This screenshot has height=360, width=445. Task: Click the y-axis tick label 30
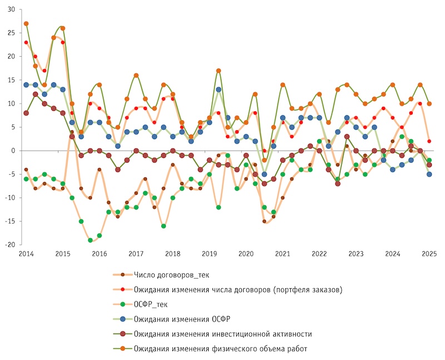(x=12, y=9)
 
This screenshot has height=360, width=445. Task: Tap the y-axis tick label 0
(x=14, y=151)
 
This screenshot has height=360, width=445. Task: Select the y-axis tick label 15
(x=12, y=80)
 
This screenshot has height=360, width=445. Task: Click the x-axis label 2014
(x=26, y=254)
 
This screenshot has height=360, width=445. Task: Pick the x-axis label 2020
(x=245, y=254)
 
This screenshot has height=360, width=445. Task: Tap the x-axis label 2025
(x=428, y=254)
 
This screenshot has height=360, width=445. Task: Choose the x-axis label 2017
(x=135, y=254)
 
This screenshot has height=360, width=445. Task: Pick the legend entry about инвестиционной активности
(x=222, y=334)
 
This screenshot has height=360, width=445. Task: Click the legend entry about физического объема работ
(x=220, y=348)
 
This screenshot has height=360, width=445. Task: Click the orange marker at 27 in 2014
(x=26, y=23)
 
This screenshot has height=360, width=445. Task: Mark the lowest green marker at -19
(x=90, y=240)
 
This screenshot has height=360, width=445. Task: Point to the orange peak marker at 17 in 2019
(x=219, y=71)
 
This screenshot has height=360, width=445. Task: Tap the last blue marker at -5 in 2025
(x=429, y=174)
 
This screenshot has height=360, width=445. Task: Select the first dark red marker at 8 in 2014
(x=26, y=113)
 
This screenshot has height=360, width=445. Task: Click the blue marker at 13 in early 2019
(x=219, y=90)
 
